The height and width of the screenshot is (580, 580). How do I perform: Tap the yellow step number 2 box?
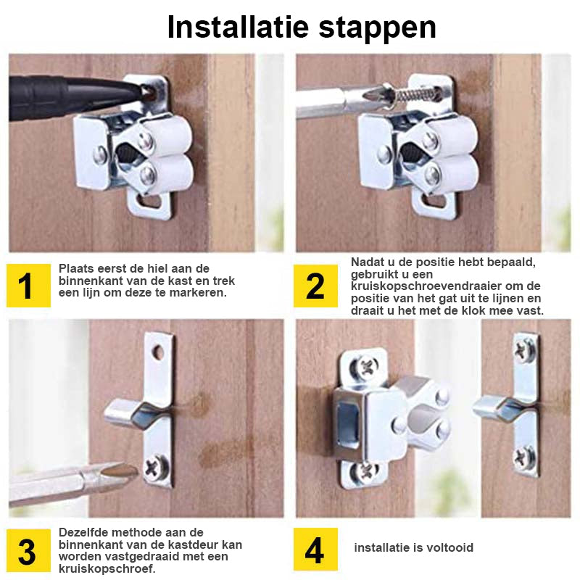(315, 286)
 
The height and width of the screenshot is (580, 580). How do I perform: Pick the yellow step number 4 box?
(315, 550)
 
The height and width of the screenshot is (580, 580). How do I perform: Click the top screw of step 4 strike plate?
(524, 350)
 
